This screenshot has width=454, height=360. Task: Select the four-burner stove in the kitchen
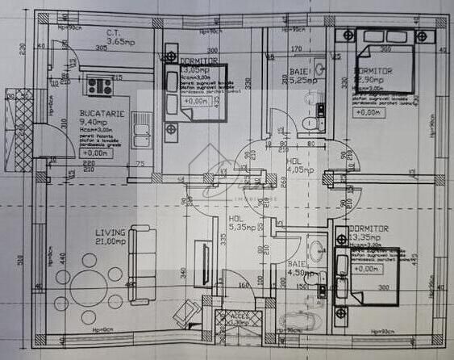pos(100,84)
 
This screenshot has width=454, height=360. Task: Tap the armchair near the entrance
pos(187,310)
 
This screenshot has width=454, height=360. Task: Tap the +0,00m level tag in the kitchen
pos(94,152)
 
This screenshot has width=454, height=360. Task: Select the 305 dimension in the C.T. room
pos(102,48)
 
